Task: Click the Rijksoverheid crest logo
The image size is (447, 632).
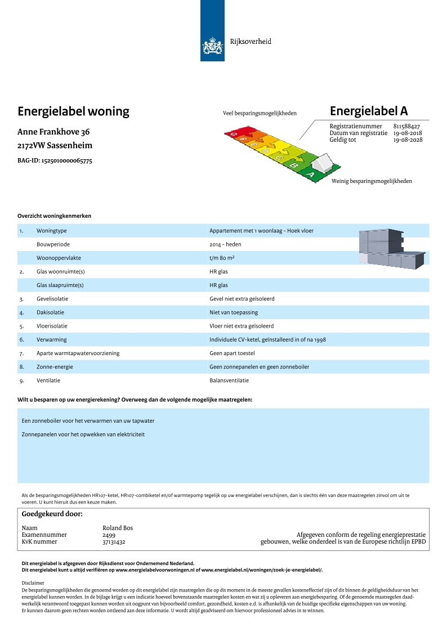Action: (212, 45)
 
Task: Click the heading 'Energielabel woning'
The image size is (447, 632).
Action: (74, 111)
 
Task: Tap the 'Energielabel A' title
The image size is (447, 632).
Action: (369, 110)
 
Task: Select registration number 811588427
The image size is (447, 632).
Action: (406, 126)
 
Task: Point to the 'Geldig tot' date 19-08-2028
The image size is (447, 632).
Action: (408, 140)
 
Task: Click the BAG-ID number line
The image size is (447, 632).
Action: (55, 160)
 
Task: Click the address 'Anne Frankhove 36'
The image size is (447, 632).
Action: (54, 132)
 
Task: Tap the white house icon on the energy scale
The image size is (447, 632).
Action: (324, 164)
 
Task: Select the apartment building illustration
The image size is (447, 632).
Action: (391, 249)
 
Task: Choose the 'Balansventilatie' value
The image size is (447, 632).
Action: (229, 380)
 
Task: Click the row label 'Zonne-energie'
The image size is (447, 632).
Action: (55, 367)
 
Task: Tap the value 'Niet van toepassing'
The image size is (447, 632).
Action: (234, 312)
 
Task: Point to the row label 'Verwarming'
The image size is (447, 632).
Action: (52, 340)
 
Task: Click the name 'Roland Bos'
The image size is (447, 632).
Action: (118, 528)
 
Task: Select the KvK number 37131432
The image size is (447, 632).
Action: (114, 541)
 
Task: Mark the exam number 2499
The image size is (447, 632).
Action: (109, 535)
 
